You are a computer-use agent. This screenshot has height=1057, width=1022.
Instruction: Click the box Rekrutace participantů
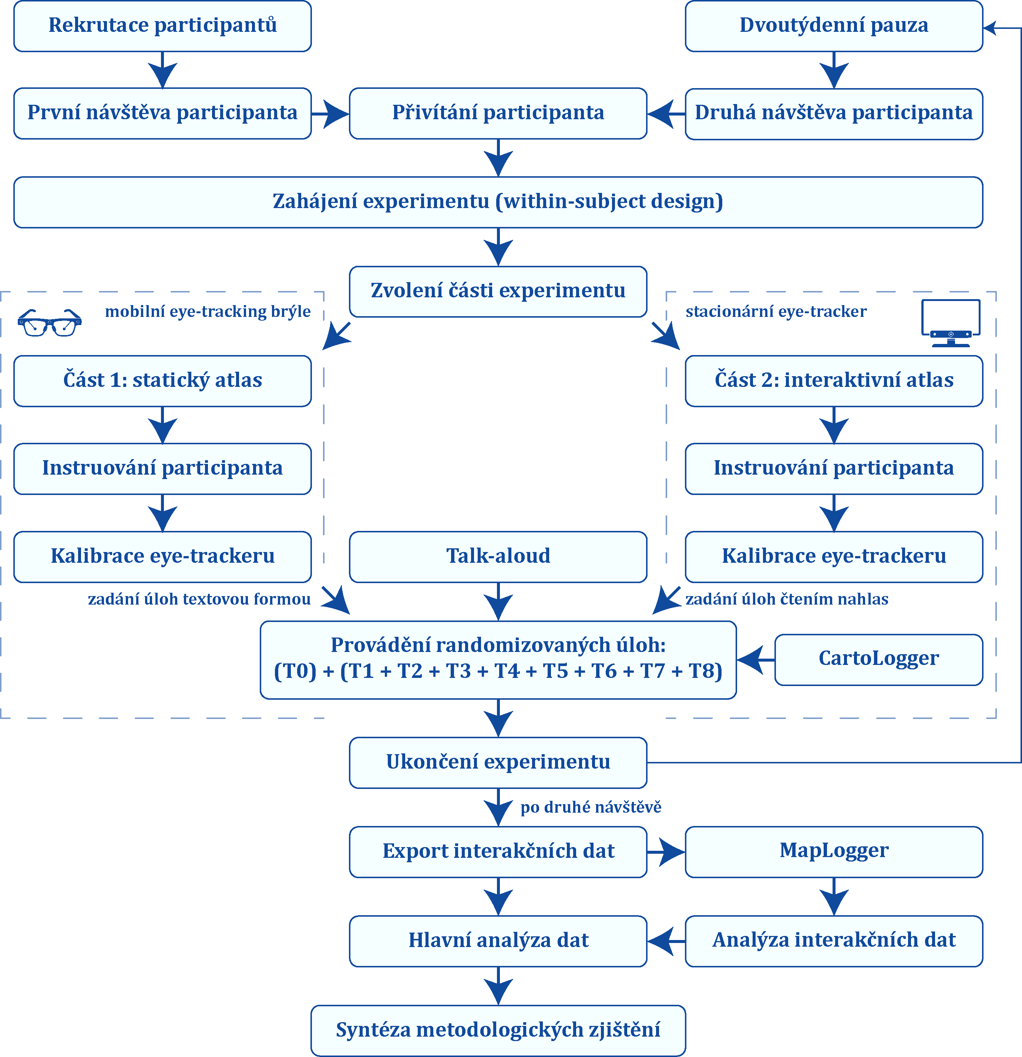pyautogui.click(x=162, y=26)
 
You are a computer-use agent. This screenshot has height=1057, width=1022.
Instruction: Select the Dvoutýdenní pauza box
pyautogui.click(x=834, y=26)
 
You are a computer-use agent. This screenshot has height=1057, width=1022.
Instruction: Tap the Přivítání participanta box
pyautogui.click(x=498, y=113)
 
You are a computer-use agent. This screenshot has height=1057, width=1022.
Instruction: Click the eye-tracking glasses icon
pyautogui.click(x=50, y=322)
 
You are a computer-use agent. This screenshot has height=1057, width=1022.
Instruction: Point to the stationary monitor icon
pyautogui.click(x=951, y=322)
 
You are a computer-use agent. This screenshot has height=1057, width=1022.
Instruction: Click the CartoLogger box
pyautogui.click(x=879, y=659)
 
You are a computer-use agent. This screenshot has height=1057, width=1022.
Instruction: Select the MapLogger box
pyautogui.click(x=834, y=852)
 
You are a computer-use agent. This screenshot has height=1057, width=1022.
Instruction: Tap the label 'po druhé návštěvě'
pyautogui.click(x=591, y=807)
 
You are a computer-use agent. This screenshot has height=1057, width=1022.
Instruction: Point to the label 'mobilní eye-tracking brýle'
pyautogui.click(x=208, y=312)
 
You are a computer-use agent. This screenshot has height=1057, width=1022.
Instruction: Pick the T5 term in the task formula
pyautogui.click(x=555, y=672)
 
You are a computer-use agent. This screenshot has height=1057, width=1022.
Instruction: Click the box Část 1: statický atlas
pyautogui.click(x=162, y=381)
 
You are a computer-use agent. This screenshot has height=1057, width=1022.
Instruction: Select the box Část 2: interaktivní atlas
pyautogui.click(x=834, y=381)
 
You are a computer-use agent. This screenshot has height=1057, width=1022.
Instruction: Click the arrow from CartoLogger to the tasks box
pyautogui.click(x=756, y=659)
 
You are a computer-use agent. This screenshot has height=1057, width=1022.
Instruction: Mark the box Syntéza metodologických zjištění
pyautogui.click(x=498, y=1031)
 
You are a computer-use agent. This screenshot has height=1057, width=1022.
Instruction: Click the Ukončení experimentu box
pyautogui.click(x=498, y=763)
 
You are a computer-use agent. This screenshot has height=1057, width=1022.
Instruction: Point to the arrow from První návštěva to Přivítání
pyautogui.click(x=330, y=114)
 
